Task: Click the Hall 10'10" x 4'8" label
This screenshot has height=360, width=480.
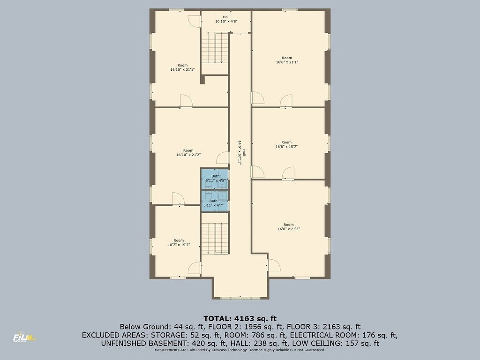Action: click(x=226, y=19)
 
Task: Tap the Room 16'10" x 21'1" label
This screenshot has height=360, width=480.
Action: click(x=182, y=67)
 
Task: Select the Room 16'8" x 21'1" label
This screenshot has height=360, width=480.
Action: click(x=287, y=60)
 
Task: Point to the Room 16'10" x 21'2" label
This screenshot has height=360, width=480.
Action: click(x=188, y=153)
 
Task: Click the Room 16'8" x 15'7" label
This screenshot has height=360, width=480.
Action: click(x=286, y=144)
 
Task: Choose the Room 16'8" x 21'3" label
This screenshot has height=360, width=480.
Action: click(x=288, y=226)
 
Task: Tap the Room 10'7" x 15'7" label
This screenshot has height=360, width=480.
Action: click(x=179, y=243)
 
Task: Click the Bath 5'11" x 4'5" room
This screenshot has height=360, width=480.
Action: click(x=215, y=179)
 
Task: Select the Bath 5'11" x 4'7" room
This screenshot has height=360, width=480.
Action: click(x=215, y=201)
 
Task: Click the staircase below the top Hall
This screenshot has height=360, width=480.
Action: click(x=215, y=48)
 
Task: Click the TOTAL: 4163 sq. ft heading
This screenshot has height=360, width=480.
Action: click(x=240, y=319)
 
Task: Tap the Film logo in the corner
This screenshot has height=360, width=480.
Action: click(x=24, y=337)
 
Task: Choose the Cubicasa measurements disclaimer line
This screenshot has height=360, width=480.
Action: click(x=240, y=350)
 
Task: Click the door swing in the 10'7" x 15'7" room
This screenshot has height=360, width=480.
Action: click(x=194, y=268)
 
